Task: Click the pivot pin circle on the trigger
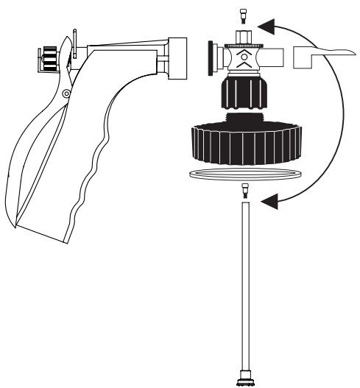coord(66,93)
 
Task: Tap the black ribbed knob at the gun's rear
coord(48,57)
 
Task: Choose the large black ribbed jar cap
coord(244,144)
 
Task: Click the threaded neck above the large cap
coord(244,118)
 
